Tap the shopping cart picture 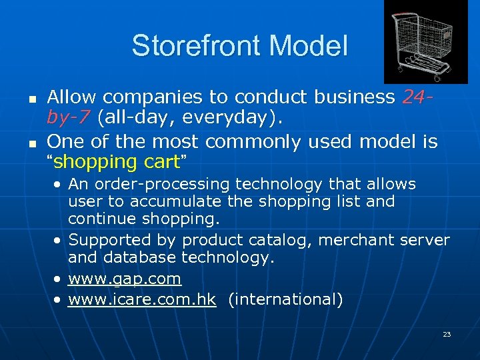tap(421, 41)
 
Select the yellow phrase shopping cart tap(117, 162)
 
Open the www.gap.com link tap(125, 278)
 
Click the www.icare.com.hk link tap(142, 299)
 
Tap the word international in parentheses tap(285, 299)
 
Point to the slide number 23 tap(446, 334)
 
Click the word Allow tap(72, 97)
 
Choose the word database tap(137, 258)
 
